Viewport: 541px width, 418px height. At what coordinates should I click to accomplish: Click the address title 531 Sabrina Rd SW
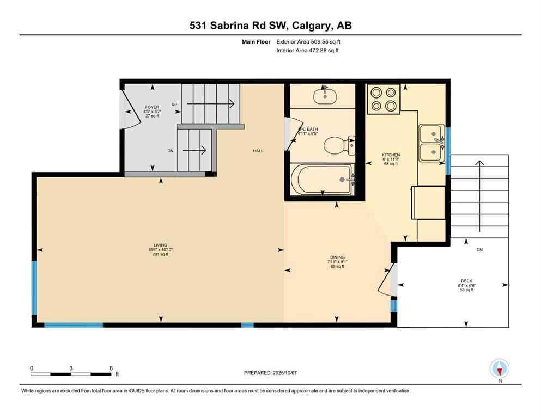270,25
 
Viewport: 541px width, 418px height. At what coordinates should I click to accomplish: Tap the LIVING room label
160,245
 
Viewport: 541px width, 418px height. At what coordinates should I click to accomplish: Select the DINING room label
337,257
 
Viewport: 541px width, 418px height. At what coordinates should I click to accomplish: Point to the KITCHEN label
391,155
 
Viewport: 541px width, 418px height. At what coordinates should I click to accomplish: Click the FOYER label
151,107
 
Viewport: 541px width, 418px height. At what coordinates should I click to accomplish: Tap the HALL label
258,151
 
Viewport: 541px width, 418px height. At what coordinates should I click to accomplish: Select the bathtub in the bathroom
321,179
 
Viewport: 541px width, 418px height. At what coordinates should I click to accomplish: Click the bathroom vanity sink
325,95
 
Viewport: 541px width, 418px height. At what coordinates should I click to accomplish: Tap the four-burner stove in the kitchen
383,99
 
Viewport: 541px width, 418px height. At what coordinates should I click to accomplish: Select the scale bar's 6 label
111,368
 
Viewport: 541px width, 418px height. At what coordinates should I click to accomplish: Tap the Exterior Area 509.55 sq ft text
309,41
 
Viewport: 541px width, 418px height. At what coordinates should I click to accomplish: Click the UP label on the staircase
174,104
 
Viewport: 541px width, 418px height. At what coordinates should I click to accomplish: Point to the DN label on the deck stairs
479,250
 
